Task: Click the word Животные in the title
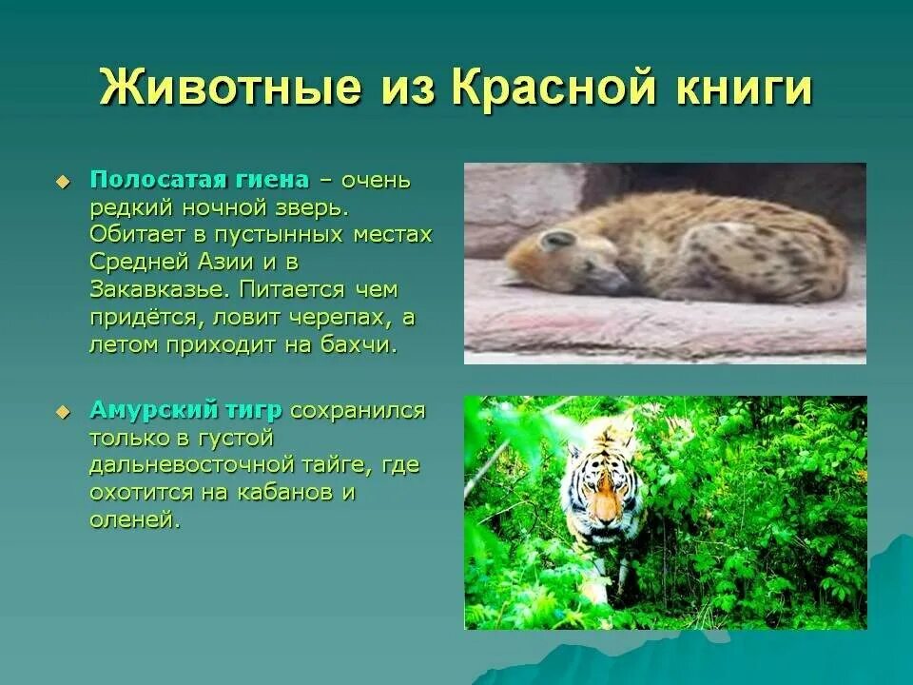(230, 88)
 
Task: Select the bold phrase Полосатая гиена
(200, 180)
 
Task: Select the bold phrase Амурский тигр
(185, 410)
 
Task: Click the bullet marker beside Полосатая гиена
(63, 181)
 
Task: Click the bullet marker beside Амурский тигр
(63, 411)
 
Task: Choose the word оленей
(133, 520)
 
